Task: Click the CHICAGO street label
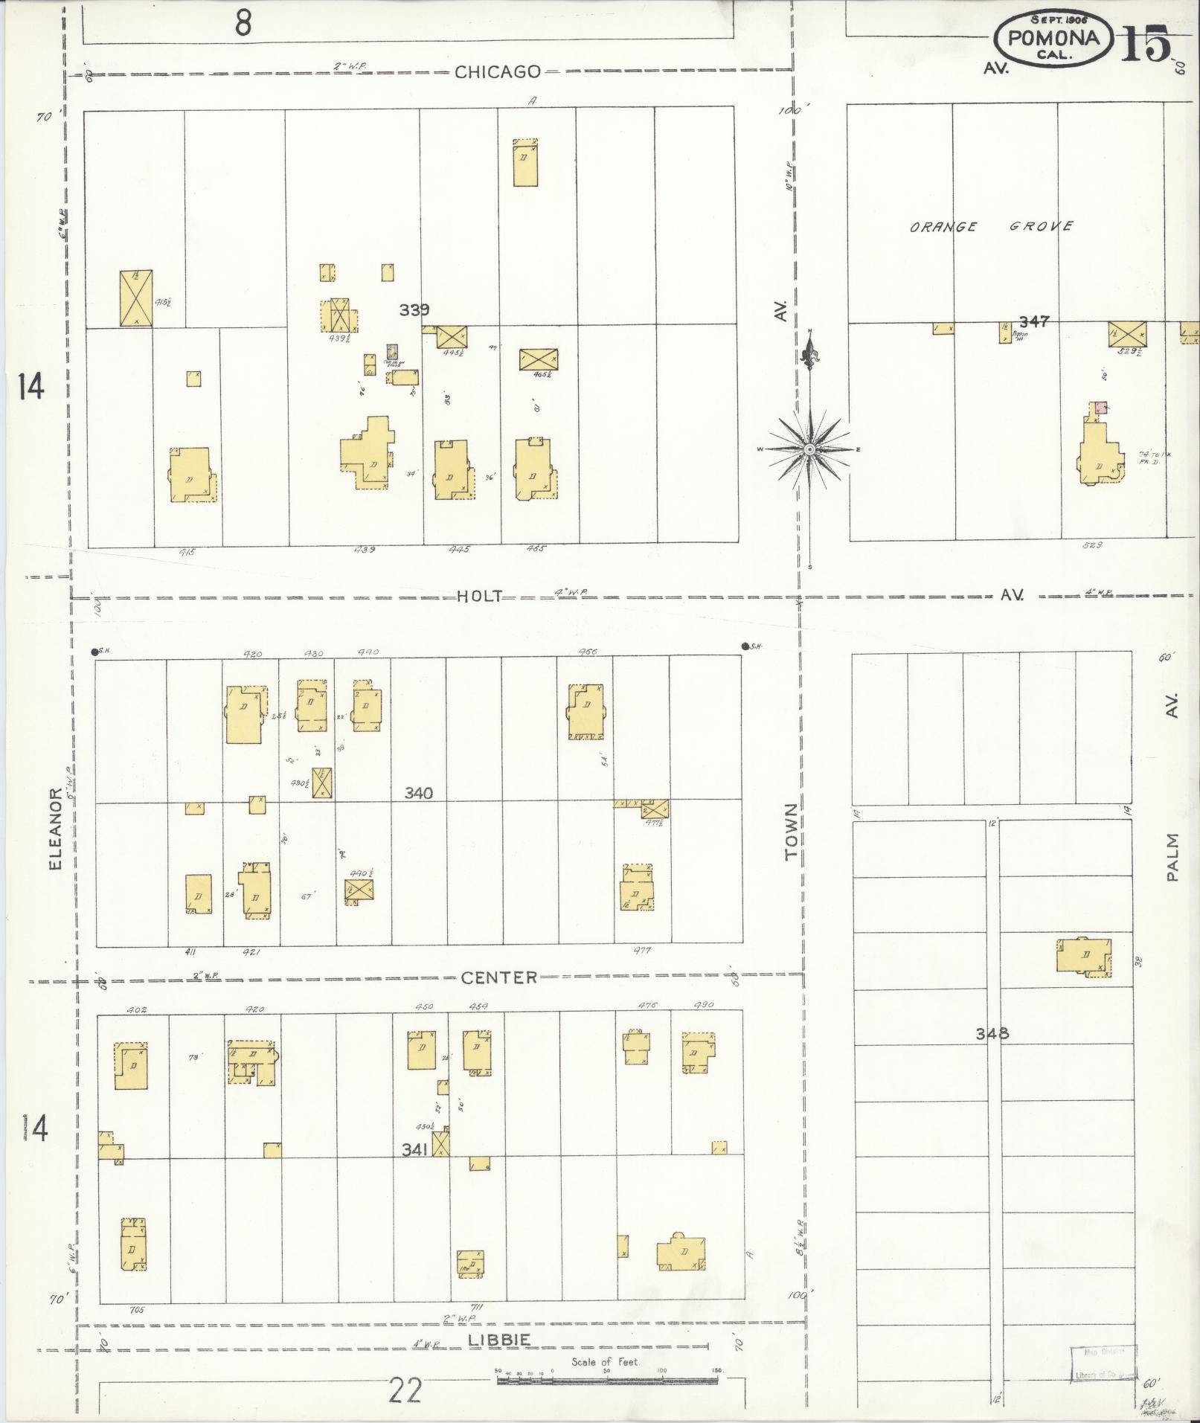click(498, 72)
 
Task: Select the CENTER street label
click(498, 977)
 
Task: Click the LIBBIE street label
click(499, 1340)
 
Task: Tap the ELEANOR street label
click(55, 829)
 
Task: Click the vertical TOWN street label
click(791, 832)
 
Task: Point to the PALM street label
click(1173, 858)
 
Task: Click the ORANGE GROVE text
click(990, 227)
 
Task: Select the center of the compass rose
click(809, 449)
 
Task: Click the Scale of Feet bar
click(606, 1380)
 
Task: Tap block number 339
click(414, 310)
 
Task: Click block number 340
click(418, 794)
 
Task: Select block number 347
click(1034, 321)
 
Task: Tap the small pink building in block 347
click(1100, 408)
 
